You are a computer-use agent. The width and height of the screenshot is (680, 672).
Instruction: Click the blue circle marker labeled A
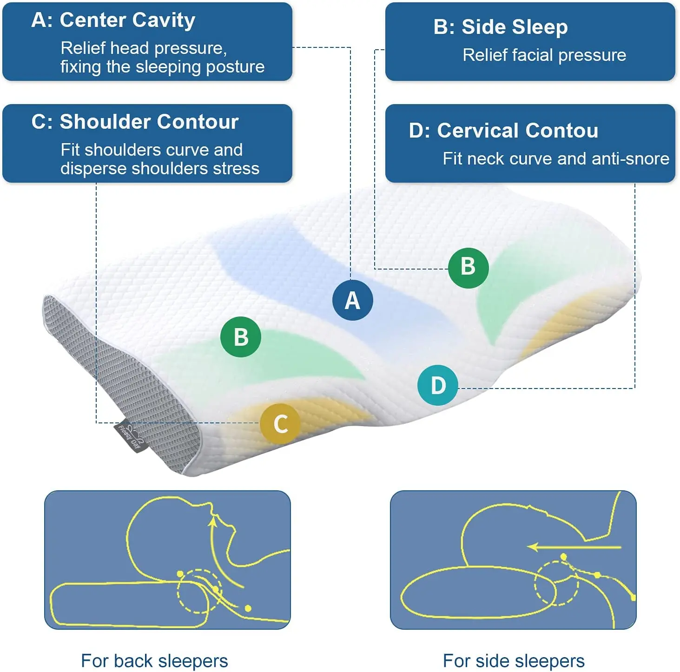click(352, 300)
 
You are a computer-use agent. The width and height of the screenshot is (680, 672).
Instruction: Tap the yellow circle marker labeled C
click(280, 423)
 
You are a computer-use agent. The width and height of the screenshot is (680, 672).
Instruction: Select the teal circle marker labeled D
click(438, 385)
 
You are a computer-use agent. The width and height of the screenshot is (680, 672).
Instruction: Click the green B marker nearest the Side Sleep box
click(468, 267)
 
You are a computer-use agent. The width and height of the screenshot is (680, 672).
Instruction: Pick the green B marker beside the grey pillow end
click(240, 337)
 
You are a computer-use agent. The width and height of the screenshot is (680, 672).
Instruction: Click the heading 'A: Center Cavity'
click(113, 20)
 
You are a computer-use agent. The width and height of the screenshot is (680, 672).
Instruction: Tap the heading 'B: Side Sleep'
click(500, 27)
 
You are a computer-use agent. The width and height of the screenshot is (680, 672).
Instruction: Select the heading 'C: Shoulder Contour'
click(135, 122)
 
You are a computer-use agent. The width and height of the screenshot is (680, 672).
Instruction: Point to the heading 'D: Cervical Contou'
click(503, 131)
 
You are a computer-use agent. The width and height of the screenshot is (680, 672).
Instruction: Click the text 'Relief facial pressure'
click(544, 55)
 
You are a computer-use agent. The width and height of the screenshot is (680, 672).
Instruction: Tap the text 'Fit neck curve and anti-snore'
click(556, 159)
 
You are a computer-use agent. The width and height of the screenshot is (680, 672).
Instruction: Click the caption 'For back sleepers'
click(154, 660)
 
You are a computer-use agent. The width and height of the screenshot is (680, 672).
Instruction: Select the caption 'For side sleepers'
click(514, 660)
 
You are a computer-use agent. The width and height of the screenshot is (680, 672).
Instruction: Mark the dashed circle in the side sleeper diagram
click(556, 583)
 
